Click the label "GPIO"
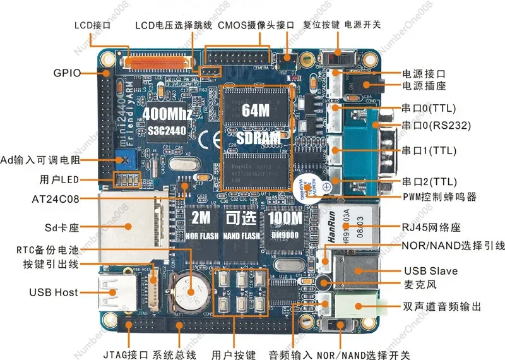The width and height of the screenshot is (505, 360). (68, 73)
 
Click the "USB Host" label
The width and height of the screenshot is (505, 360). (54, 292)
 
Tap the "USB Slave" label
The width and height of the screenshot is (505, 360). (431, 271)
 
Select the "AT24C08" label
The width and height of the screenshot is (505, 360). (56, 200)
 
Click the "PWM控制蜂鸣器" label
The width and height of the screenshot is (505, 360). (439, 197)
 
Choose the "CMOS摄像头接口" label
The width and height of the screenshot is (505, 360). (256, 26)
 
